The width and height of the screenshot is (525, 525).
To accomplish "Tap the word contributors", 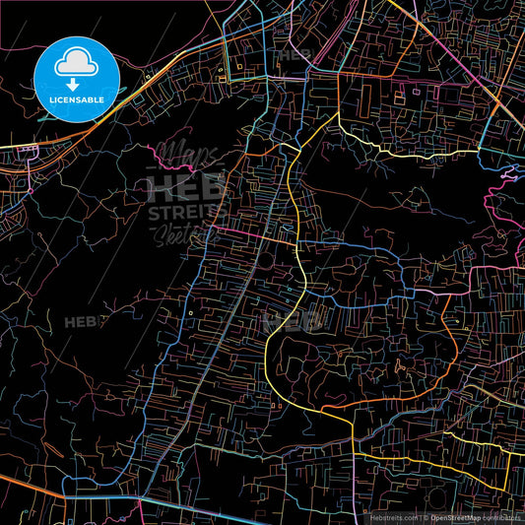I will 502,516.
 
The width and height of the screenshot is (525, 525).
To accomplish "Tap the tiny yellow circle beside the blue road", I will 190,315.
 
